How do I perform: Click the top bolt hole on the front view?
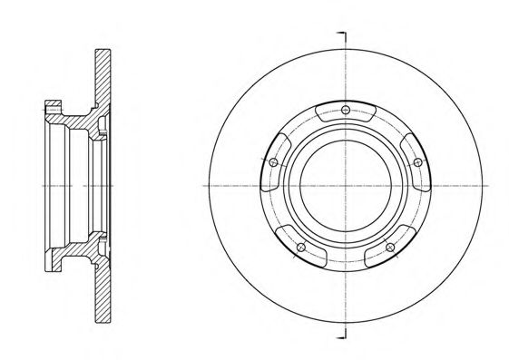pyautogui.click(x=347, y=112)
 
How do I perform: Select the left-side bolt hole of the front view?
pyautogui.click(x=273, y=161)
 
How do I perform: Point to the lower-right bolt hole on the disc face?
pyautogui.click(x=390, y=247)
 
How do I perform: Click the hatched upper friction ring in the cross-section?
pyautogui.click(x=103, y=73)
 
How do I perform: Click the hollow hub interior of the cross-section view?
pyautogui.click(x=73, y=185)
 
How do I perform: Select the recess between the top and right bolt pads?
pyautogui.click(x=392, y=127)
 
